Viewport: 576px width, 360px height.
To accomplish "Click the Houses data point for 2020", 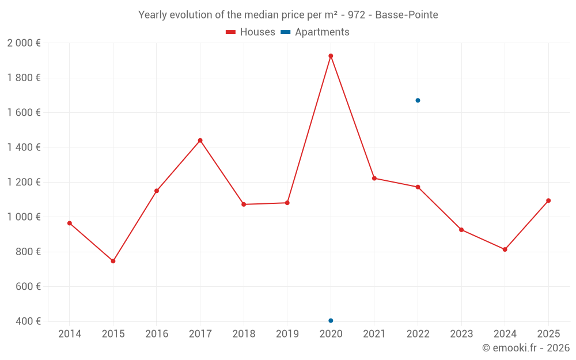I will point(331,56).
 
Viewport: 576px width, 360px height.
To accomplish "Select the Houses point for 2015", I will point(113,261).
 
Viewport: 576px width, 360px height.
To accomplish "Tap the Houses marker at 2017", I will point(200,141).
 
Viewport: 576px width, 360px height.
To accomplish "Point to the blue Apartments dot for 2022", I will point(418,100).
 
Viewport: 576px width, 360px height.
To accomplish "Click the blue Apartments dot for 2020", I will point(331,320).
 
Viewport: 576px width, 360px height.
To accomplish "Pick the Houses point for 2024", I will point(505,249).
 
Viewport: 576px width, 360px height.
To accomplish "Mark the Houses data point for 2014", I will point(70,223).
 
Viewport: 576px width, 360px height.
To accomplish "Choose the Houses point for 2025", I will point(548,200).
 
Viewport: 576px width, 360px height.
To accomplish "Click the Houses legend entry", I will point(251,32).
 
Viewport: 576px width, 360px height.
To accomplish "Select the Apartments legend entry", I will point(315,32).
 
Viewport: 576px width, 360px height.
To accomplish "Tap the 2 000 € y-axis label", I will point(24,43).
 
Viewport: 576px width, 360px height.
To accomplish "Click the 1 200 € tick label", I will point(24,182).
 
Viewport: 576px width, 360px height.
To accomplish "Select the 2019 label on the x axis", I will point(287,334).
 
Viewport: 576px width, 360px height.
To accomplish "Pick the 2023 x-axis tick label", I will point(461,334).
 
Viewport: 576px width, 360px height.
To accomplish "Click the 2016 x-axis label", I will point(157,334).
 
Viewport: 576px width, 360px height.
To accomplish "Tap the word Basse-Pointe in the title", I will point(406,15).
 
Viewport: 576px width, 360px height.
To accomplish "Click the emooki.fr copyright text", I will point(525,348).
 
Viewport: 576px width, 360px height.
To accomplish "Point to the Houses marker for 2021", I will point(374,178).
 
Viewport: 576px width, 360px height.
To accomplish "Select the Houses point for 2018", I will point(244,204).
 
